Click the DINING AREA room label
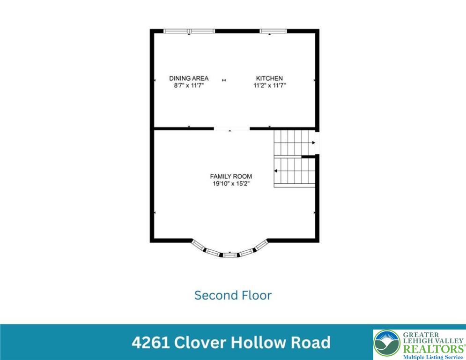[189, 78]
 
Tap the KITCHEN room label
[269, 78]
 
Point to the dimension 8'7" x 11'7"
[189, 86]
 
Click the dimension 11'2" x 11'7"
[269, 86]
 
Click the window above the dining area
[189, 31]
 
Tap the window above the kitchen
[273, 31]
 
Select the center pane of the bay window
[229, 255]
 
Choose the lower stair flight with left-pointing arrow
[295, 172]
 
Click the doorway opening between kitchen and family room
[232, 128]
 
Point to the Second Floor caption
[233, 295]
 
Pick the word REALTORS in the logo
[432, 348]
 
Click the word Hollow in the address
[255, 342]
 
